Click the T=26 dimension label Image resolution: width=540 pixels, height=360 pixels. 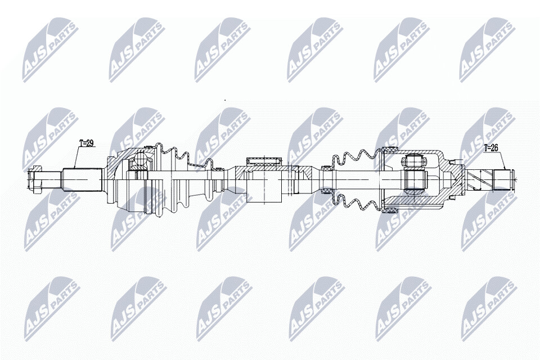[x=491, y=148]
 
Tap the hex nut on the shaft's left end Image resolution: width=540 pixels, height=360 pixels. [x=34, y=179]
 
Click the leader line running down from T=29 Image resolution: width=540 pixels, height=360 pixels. [x=77, y=157]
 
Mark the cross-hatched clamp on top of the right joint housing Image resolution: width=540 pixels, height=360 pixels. [x=389, y=150]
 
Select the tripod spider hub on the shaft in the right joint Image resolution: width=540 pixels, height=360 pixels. [x=415, y=179]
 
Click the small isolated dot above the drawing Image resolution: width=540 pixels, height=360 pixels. [x=225, y=100]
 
